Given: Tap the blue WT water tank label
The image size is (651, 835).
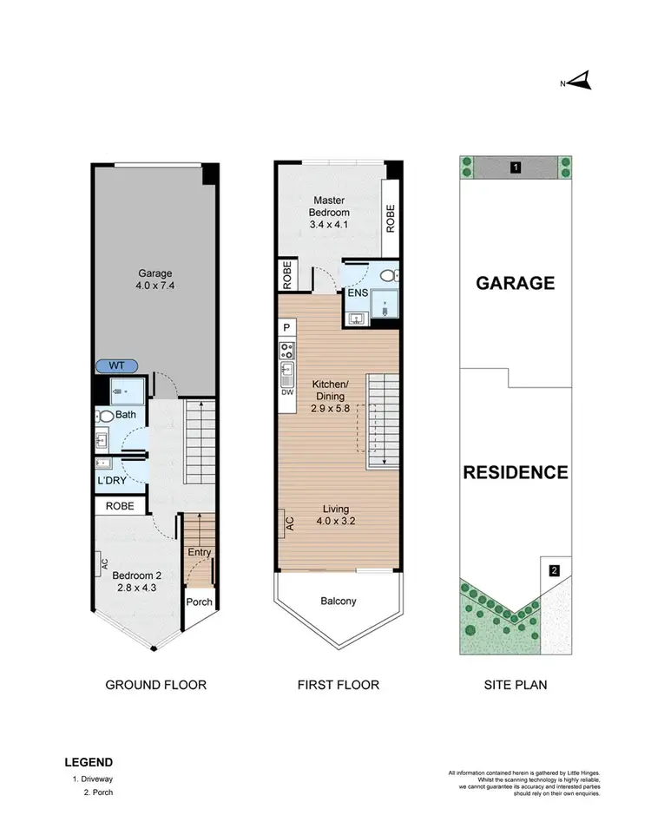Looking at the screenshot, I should click(118, 366).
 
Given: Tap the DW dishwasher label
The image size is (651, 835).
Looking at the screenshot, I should click(286, 391).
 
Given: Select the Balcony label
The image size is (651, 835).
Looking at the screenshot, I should click(339, 601).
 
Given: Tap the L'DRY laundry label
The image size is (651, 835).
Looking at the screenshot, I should click(111, 479).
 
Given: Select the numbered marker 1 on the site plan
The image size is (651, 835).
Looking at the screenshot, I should click(516, 167).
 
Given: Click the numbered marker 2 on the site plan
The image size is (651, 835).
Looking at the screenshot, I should click(555, 570).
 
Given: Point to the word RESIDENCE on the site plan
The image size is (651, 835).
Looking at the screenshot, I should click(516, 473).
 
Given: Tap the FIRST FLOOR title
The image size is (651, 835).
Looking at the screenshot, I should click(339, 685).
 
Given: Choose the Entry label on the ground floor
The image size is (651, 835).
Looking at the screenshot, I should click(200, 552).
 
